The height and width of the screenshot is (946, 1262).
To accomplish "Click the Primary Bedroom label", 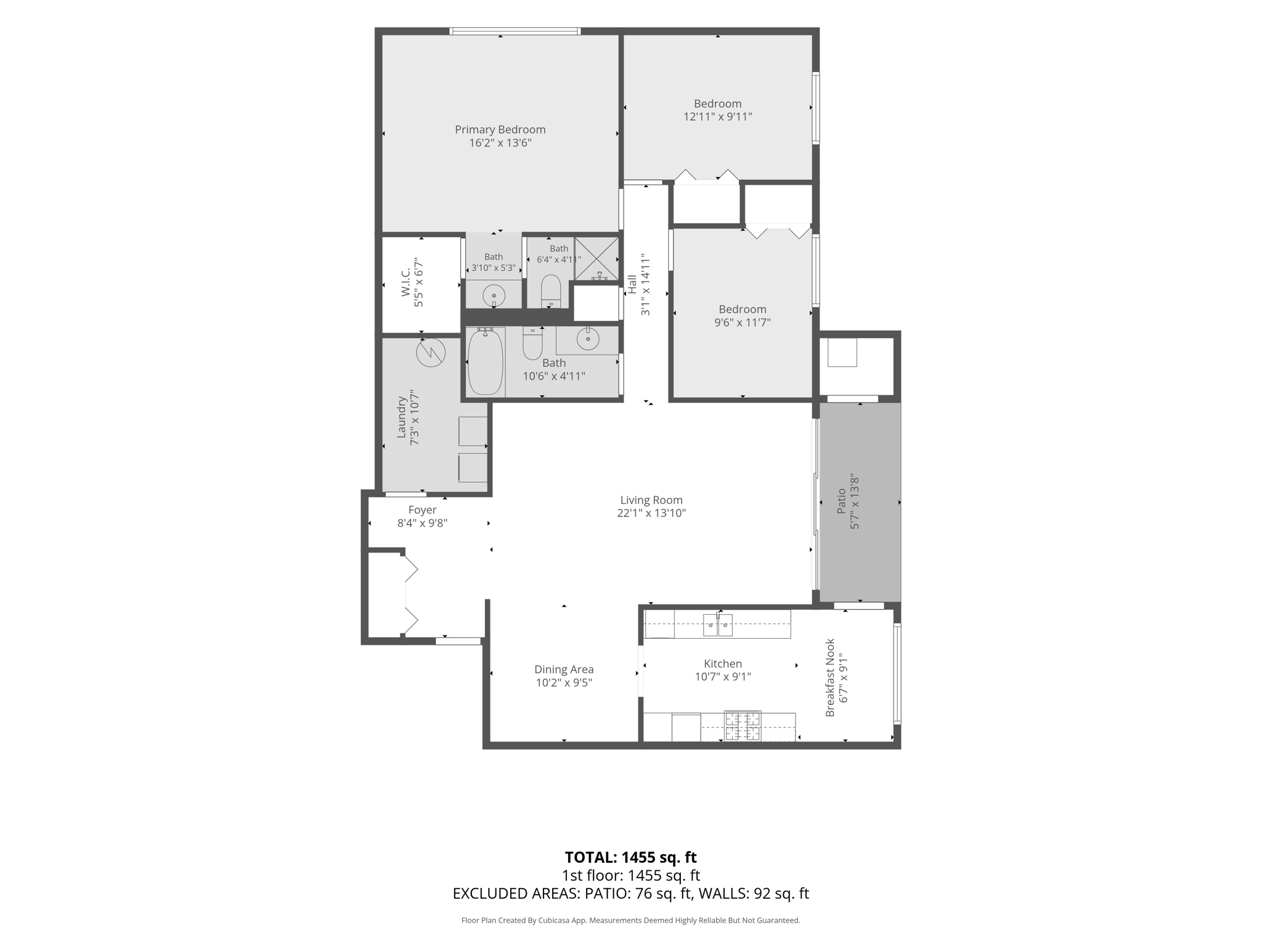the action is [x=500, y=129].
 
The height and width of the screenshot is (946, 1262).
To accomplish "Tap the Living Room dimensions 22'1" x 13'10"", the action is [x=651, y=513].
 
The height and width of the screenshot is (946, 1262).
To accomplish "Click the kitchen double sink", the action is [x=718, y=625].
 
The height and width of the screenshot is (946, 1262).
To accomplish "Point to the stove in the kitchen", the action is [x=743, y=726].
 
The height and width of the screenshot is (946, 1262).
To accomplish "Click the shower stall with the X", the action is [x=596, y=259].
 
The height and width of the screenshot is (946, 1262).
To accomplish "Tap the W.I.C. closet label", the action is [x=405, y=283].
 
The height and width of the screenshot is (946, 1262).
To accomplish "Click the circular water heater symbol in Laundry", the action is [x=430, y=353].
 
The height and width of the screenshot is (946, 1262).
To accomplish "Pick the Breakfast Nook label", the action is [x=830, y=677].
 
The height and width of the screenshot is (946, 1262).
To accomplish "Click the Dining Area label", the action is [x=564, y=669].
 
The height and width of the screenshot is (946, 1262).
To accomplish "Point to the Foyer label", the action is [x=422, y=510].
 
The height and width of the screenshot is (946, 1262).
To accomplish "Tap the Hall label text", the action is [x=632, y=284].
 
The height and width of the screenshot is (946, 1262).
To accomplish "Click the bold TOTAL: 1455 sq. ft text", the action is [x=630, y=857].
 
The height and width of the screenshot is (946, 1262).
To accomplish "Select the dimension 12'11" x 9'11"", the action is [x=718, y=116].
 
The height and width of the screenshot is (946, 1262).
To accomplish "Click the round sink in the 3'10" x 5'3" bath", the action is [x=494, y=296].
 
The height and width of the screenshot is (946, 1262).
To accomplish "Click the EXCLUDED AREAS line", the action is [x=630, y=894].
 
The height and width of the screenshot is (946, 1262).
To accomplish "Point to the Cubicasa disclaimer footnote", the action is [x=630, y=921].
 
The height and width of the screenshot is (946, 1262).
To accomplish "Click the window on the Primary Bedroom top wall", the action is [x=515, y=31].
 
